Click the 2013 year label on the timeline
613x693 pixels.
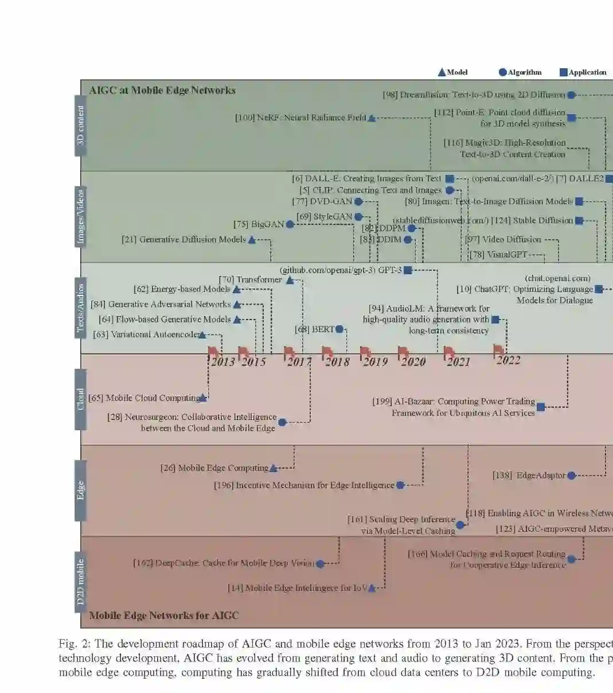point(222,362)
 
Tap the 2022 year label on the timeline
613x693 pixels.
point(508,360)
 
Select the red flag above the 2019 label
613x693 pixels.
point(365,351)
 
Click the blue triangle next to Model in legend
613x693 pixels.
point(442,72)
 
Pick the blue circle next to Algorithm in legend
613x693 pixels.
point(502,72)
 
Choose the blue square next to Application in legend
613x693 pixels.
point(563,72)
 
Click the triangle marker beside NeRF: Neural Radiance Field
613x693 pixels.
point(372,118)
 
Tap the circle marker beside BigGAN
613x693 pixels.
point(290,224)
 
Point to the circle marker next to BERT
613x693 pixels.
point(339,329)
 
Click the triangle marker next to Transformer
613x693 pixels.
point(290,280)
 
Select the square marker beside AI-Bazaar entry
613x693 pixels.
point(540,407)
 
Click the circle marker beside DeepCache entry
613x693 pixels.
point(320,563)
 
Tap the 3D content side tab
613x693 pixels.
point(81,125)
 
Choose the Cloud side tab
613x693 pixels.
point(81,399)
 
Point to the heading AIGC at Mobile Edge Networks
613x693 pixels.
point(162,90)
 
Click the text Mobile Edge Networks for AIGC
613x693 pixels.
point(164,616)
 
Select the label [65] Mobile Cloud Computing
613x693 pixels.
point(143,398)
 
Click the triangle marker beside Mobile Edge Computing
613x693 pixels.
point(274,468)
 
